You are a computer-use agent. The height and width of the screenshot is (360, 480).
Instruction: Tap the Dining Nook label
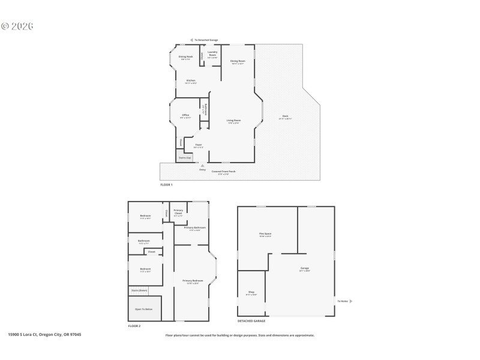(x=185, y=58)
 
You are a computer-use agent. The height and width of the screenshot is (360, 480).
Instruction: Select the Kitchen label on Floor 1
(x=190, y=81)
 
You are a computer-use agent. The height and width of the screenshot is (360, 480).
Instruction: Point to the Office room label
(x=185, y=116)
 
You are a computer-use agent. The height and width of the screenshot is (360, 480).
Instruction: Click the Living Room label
(x=233, y=122)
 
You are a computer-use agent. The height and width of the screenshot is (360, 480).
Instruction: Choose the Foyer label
(x=199, y=146)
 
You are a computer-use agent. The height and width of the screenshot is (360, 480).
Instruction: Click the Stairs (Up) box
(x=184, y=158)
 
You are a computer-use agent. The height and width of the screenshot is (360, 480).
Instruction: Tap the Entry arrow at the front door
(x=202, y=166)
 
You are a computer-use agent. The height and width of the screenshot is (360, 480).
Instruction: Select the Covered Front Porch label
(x=224, y=172)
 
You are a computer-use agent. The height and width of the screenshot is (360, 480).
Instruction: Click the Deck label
(x=285, y=117)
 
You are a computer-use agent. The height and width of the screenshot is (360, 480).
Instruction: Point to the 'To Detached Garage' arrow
(x=193, y=40)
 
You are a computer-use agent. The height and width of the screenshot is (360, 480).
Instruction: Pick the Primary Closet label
(x=178, y=211)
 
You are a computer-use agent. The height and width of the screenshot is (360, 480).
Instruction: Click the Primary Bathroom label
(x=195, y=229)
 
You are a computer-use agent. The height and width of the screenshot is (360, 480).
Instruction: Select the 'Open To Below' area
(x=144, y=309)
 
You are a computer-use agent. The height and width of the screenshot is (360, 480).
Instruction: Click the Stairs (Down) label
(x=139, y=290)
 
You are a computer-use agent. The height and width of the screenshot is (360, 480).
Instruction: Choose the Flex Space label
(x=265, y=235)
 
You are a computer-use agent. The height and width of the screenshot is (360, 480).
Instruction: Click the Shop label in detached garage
(x=251, y=293)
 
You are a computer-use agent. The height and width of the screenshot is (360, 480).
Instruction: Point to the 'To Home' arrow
(x=351, y=301)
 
